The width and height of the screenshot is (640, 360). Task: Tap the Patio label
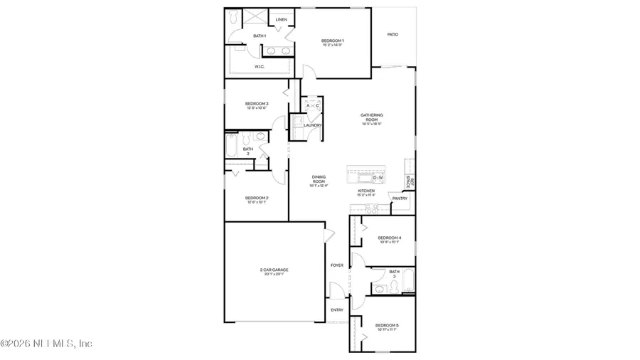pyautogui.click(x=392, y=34)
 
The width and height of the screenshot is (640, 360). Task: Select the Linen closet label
pyautogui.click(x=281, y=19)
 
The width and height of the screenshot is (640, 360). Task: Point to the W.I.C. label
pyautogui.click(x=260, y=67)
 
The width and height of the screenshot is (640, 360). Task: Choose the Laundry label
pyautogui.click(x=313, y=125)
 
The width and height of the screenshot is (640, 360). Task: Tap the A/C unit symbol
pyautogui.click(x=313, y=106)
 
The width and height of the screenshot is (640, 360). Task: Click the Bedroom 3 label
pyautogui.click(x=257, y=105)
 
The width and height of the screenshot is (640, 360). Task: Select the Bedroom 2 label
pyautogui.click(x=257, y=198)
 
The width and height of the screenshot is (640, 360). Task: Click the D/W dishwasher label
pyautogui.click(x=378, y=178)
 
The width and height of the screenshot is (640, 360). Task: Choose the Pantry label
pyautogui.click(x=400, y=198)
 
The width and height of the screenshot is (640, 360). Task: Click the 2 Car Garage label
pyautogui.click(x=274, y=271)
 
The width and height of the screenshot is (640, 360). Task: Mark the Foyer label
pyautogui.click(x=336, y=265)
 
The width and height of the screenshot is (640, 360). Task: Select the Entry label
pyautogui.click(x=337, y=309)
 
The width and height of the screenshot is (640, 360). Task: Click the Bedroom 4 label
pyautogui.click(x=390, y=239)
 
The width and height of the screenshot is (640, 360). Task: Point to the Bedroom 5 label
pyautogui.click(x=388, y=326)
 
